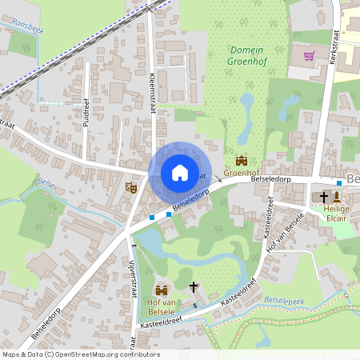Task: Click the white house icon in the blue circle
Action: tap(179, 172)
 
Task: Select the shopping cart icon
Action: tap(309, 56)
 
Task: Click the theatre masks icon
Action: tap(132, 187)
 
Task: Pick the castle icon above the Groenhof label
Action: tap(241, 161)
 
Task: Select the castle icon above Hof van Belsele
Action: tap(162, 290)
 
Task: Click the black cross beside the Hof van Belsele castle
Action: tap(193, 286)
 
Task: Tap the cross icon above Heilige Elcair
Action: tap(324, 197)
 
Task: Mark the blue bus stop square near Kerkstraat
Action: tap(339, 184)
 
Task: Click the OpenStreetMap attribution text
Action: tap(80, 354)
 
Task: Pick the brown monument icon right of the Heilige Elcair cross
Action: tap(337, 197)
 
